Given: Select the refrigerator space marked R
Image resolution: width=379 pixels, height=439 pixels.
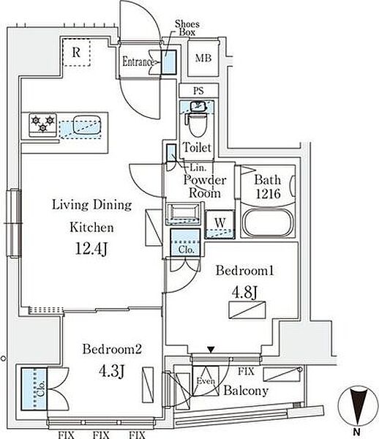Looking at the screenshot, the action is [76, 53].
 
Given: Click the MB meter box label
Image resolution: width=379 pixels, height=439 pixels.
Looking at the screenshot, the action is [203, 59].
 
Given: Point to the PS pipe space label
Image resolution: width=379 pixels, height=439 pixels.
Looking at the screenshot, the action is [198, 91].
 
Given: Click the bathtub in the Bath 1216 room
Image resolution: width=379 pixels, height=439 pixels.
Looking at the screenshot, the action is [269, 222].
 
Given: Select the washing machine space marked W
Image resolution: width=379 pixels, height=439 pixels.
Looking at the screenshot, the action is [220, 224].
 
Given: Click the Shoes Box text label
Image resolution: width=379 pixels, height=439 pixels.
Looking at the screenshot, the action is [187, 28].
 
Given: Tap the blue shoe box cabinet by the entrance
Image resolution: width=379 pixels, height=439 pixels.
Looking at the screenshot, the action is [169, 62].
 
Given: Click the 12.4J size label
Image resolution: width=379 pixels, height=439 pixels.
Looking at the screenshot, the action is [91, 249].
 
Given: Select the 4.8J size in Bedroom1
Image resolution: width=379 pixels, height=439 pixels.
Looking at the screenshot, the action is [244, 292].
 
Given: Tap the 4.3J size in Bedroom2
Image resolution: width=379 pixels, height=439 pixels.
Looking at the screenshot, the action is [111, 371].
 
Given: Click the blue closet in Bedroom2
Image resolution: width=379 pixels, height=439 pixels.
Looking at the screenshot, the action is [34, 389].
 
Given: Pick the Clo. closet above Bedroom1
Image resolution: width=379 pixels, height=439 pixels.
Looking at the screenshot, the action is [186, 242].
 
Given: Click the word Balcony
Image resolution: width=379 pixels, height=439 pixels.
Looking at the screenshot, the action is [246, 391].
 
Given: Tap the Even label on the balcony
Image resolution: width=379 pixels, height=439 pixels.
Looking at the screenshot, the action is [206, 381].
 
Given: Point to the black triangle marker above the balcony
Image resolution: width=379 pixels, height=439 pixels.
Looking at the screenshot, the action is [211, 350].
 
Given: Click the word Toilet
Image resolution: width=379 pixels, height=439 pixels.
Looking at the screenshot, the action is [197, 147].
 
